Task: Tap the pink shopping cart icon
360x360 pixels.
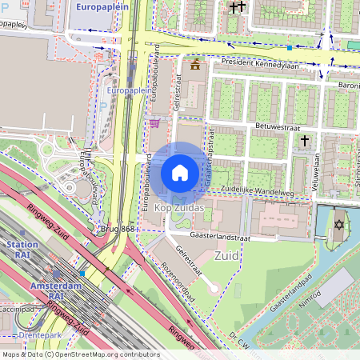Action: coord(154,123)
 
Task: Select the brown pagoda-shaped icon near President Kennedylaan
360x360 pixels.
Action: coord(195,63)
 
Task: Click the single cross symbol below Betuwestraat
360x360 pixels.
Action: coord(304,141)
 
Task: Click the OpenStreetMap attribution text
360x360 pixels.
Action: coord(80,354)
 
